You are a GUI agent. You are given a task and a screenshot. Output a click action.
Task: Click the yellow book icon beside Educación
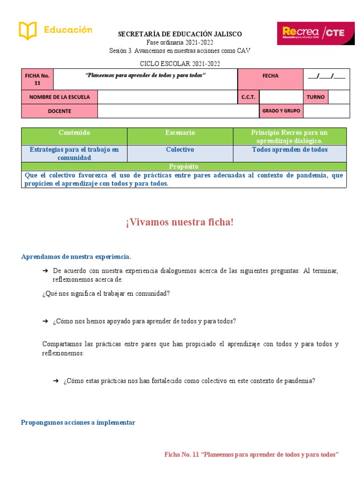pos(28,31)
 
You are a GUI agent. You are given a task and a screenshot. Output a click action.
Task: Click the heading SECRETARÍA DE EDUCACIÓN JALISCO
pos(180,34)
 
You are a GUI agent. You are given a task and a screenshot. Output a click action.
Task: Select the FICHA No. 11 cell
pos(37,79)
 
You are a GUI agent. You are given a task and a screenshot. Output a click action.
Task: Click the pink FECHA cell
pos(270,76)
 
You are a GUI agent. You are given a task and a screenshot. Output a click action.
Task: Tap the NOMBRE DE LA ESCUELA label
pos(60,97)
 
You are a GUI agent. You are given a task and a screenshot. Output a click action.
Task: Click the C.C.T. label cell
pos(248,97)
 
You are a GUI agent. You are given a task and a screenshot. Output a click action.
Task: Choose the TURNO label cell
pos(315,97)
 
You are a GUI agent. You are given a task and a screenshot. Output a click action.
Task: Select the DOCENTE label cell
pos(60,111)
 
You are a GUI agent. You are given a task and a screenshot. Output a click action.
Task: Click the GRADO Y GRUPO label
pos(281,111)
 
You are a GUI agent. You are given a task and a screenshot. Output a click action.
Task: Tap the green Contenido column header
pos(75,133)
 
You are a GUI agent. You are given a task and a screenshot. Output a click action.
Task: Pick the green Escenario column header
pos(180,133)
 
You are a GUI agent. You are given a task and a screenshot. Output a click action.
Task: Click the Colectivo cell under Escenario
pos(180,150)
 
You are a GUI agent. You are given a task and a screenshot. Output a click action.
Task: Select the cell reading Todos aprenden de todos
pos(290,150)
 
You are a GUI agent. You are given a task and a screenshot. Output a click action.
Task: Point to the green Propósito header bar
pos(184,166)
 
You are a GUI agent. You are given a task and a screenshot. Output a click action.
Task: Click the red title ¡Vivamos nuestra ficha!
pos(180,222)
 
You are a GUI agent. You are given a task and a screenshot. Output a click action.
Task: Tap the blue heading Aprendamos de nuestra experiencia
pos(76,257)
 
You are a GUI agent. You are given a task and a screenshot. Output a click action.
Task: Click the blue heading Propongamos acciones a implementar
pos(78,422)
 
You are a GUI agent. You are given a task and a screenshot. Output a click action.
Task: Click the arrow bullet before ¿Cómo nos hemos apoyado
pos(45,321)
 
